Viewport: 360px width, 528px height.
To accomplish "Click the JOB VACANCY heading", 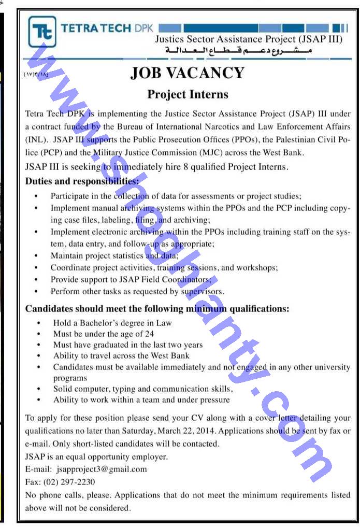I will click(x=187, y=73).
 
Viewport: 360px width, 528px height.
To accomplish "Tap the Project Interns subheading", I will click(x=188, y=94).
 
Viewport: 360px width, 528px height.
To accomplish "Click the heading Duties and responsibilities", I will click(x=82, y=181).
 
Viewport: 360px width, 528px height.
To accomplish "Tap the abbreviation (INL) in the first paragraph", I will click(x=36, y=140).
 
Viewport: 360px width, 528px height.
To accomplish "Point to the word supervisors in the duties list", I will click(x=201, y=292).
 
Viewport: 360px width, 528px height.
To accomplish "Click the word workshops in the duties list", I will click(x=257, y=268).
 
